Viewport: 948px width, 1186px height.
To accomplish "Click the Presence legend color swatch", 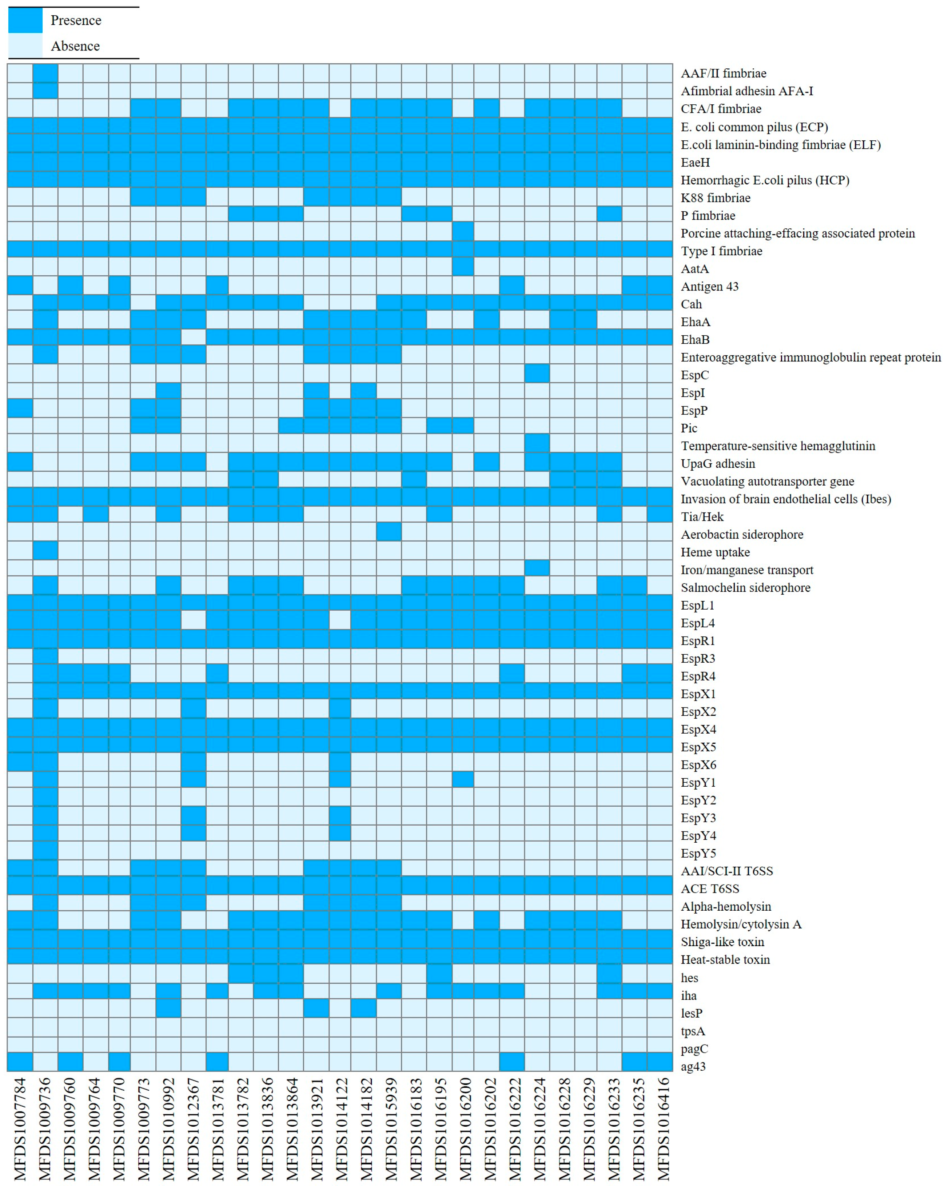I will coord(25,21).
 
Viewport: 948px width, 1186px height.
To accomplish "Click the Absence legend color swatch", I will coord(25,46).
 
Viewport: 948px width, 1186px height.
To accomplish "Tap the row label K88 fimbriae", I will coord(715,198).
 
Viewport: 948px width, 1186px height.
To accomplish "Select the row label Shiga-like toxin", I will coord(722,942).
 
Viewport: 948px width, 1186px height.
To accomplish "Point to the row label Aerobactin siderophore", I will coord(742,534).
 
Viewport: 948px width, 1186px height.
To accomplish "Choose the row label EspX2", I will coord(698,712).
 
